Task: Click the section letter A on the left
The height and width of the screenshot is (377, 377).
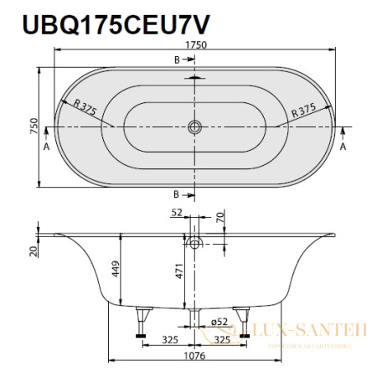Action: coord(45,144)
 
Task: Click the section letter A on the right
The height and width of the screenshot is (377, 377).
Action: coord(344,144)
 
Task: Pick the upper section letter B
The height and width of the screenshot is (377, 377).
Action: coord(177,59)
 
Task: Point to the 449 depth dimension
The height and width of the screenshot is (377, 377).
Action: coord(115,271)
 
